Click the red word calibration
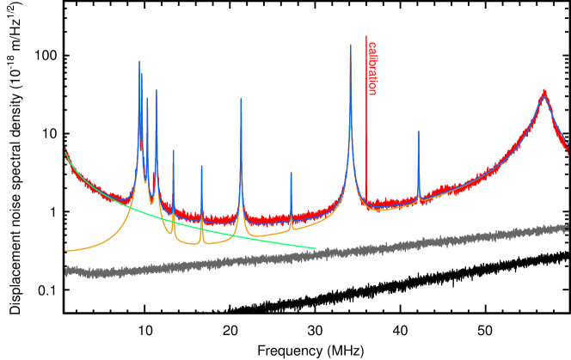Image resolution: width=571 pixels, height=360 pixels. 372,68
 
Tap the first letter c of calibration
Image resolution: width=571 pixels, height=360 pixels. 372,44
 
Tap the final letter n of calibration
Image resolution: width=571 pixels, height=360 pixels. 372,92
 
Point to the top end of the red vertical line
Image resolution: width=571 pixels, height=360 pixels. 366,36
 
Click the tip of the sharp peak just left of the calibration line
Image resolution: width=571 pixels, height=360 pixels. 350,45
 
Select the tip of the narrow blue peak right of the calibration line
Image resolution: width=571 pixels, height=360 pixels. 419,131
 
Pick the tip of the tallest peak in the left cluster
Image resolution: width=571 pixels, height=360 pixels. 139,60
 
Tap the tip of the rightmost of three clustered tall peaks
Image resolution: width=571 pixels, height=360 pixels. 157,88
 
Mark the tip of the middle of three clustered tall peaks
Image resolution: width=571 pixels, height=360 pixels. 147,97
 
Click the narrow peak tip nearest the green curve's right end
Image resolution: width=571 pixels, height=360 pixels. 291,173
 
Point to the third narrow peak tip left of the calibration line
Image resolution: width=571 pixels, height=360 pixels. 202,167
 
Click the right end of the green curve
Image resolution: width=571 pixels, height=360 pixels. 316,248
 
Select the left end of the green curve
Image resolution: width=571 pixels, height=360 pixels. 65,152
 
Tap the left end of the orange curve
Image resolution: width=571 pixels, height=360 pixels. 65,251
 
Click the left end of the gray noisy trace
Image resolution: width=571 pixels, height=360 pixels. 66,272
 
